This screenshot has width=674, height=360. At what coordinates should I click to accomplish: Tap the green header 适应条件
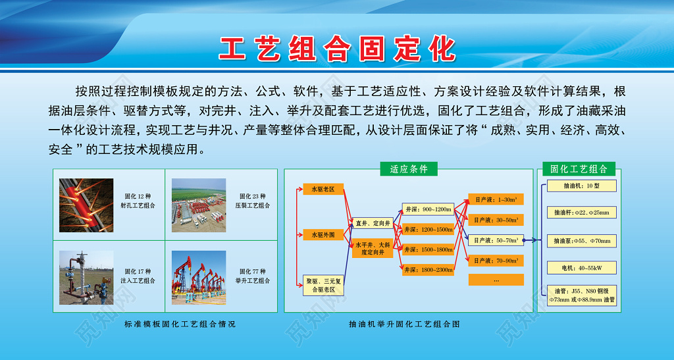pos(409,169)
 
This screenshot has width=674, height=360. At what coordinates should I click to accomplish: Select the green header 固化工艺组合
pos(578,169)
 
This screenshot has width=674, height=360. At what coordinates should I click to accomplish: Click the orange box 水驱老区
pos(323,190)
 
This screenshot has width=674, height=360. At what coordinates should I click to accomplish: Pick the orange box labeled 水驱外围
pos(323,234)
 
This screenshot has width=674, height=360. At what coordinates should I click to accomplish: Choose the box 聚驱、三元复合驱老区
pos(323,285)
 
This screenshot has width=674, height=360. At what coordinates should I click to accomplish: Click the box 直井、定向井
pos(373,223)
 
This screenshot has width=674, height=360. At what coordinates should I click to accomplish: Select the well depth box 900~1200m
pos(427,209)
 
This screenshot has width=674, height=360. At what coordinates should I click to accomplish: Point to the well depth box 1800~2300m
pos(427,269)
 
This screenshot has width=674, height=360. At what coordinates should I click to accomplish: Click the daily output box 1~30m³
pos(496,199)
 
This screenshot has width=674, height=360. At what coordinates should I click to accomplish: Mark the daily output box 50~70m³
pos(496,240)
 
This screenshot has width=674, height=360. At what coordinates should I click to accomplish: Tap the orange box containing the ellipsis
pos(496,280)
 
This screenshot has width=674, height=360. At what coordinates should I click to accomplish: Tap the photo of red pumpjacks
pos(199,276)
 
